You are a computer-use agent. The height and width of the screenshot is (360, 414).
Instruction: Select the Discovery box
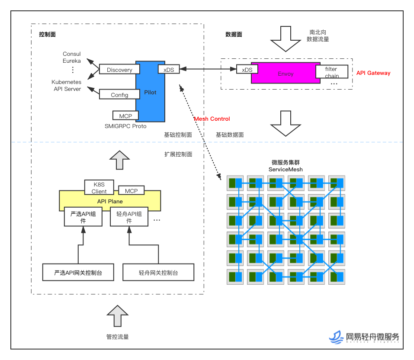click(x=119, y=70)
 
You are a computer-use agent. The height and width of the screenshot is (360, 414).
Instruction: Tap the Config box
click(x=119, y=95)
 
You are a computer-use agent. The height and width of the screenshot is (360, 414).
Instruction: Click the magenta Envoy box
click(x=286, y=73)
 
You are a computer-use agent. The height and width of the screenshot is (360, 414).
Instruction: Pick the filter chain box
click(x=332, y=73)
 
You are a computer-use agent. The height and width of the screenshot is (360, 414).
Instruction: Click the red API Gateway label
click(x=373, y=73)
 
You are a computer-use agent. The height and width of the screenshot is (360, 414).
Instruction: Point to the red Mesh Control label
click(x=212, y=119)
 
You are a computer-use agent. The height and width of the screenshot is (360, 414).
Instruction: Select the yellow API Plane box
click(x=110, y=201)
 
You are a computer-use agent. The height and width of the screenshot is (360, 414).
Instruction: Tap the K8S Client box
click(x=99, y=188)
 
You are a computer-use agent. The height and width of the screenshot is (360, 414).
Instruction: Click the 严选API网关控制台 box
click(x=78, y=273)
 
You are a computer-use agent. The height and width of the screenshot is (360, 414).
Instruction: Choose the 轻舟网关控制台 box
click(x=158, y=273)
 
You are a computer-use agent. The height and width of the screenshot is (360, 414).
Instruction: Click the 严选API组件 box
click(x=83, y=217)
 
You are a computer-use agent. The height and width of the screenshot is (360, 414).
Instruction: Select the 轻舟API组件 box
click(x=129, y=217)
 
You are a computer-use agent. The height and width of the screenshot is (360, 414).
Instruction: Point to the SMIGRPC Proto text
click(x=125, y=126)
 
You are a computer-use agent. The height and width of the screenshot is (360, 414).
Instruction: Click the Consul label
click(x=72, y=54)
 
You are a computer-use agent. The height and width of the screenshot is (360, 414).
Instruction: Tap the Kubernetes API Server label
click(x=66, y=85)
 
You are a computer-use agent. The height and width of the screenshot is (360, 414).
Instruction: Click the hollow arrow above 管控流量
click(x=117, y=316)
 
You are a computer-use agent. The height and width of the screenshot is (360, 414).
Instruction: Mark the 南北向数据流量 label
click(x=318, y=35)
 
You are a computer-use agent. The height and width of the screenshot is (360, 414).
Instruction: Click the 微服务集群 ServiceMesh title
click(x=286, y=166)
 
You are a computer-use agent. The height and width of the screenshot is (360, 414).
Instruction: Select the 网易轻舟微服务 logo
click(x=364, y=337)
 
